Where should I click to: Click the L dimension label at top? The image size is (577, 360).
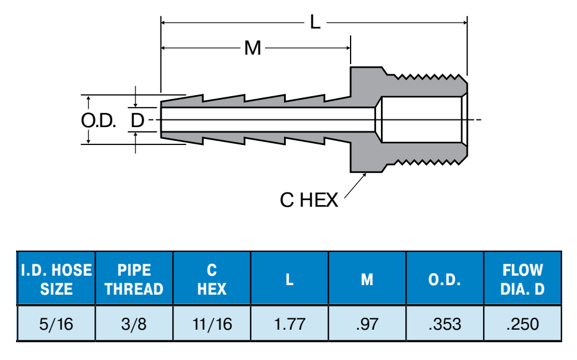tap(315, 23)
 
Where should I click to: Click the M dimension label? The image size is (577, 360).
tap(253, 48)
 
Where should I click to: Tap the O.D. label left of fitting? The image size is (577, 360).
tap(98, 121)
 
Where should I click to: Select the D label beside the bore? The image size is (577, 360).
tap(137, 121)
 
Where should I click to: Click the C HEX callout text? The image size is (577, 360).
tap(308, 200)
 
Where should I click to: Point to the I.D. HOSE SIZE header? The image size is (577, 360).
tap(56, 279)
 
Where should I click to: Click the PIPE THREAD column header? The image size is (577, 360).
tap(134, 279)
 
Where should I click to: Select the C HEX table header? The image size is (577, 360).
tap(212, 279)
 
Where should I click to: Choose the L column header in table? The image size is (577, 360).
tap(289, 279)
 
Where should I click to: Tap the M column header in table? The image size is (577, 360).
tap(367, 279)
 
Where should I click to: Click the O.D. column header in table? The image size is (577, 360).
tap(445, 279)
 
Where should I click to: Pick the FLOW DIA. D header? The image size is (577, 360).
tap(523, 279)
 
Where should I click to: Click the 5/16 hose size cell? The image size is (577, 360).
tap(56, 324)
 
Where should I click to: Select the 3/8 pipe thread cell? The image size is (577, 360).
tap(134, 324)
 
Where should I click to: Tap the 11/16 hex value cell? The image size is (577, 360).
tap(212, 324)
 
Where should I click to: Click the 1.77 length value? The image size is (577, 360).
tap(289, 324)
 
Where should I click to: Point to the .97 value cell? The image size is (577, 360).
tap(367, 324)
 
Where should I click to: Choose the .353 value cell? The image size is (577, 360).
tap(445, 324)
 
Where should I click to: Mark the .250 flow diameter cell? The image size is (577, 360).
tap(523, 324)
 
